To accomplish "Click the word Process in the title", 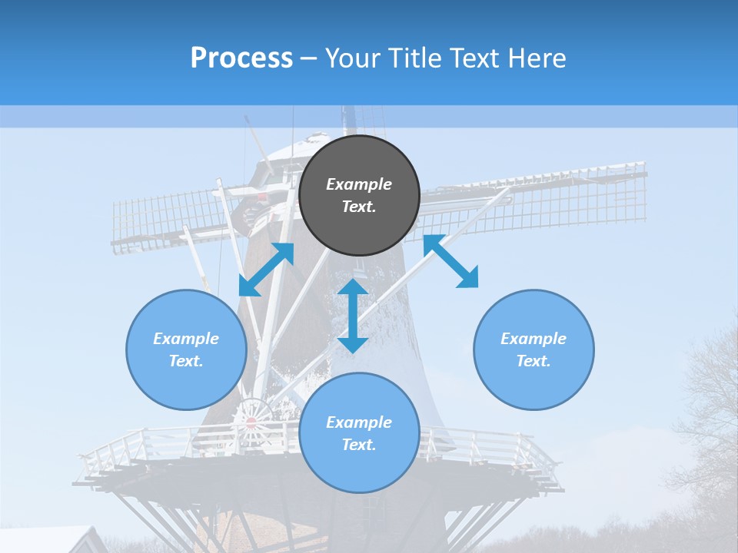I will coord(241,58).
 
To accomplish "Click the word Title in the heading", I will coord(413,58).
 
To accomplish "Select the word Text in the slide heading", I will coord(474,58).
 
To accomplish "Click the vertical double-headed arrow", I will coord(353,316).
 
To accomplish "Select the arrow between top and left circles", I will coord(267,269).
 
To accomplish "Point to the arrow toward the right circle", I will coord(450,261).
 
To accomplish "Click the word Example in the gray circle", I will coord(359,184).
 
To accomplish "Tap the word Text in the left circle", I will coord(186,361).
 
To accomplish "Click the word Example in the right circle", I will coord(534,339).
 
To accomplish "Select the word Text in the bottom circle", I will coord(359,445).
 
